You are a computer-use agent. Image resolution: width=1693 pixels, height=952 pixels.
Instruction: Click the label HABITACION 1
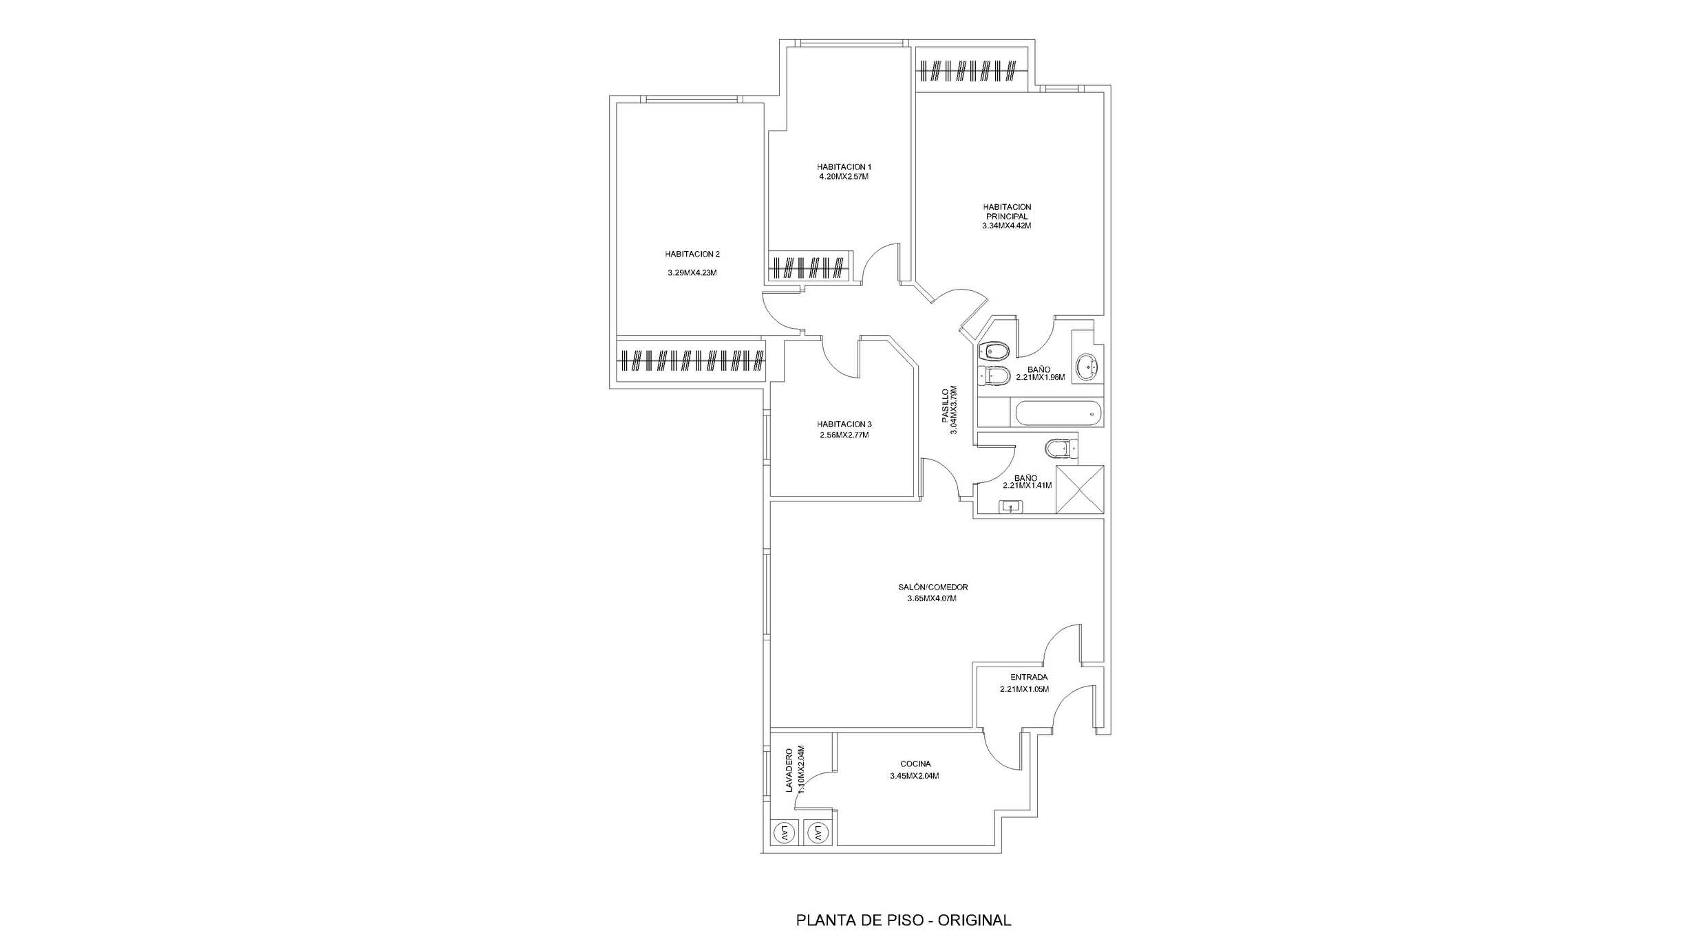[x=844, y=166]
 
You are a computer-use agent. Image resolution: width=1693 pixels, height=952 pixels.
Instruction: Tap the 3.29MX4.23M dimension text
[x=692, y=272]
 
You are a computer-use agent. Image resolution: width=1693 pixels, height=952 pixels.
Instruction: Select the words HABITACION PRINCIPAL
[x=1007, y=211]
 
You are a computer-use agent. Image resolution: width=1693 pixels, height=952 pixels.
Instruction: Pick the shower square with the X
[x=1079, y=489]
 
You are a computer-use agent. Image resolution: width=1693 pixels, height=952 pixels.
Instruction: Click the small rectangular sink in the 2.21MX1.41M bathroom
[x=1011, y=507]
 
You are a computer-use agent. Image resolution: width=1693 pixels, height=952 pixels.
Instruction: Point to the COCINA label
[x=915, y=764]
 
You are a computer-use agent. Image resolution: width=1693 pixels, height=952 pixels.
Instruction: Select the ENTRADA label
[x=1029, y=677]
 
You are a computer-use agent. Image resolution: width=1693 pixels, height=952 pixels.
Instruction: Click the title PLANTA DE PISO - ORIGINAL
[x=904, y=920]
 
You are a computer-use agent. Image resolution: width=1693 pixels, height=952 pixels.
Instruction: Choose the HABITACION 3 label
[x=844, y=424]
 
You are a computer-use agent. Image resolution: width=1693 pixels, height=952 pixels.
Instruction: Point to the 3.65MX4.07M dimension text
[x=932, y=598]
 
